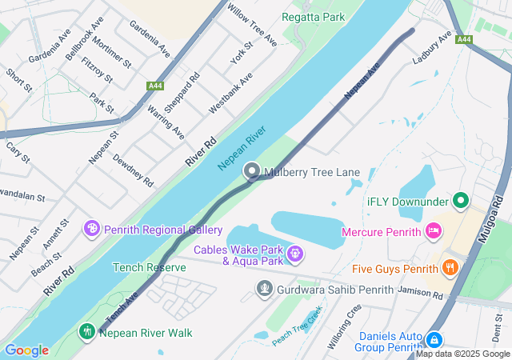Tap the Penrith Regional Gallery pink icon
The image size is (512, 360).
pos(93,230)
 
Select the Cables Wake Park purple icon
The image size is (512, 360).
pos(295,254)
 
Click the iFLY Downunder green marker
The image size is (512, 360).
pos(460,199)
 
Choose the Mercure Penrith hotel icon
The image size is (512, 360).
pos(433,231)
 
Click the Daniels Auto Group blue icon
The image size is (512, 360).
pos(434,339)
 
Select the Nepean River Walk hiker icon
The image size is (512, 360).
pos(86,331)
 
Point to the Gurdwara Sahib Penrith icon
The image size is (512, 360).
pos(264,287)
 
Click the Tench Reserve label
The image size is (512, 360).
pos(149,267)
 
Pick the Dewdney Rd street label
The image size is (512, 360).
pos(132,171)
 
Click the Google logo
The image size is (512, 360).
pos(26,350)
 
